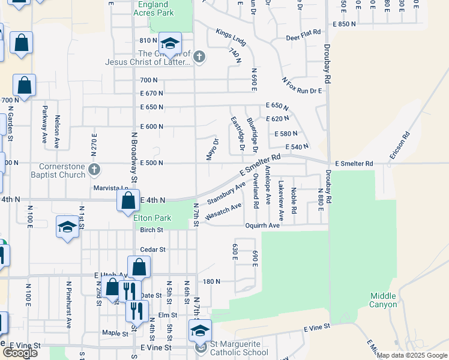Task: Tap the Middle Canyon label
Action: [x=383, y=300]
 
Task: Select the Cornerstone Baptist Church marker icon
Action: [x=94, y=170]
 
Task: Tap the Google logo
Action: [x=20, y=352]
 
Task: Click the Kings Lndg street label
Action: [x=231, y=37]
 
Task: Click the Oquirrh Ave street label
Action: [x=262, y=226]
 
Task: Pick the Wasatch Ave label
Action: [x=223, y=211]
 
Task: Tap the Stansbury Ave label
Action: [x=226, y=193]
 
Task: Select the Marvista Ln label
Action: [x=111, y=188]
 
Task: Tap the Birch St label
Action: [x=151, y=230]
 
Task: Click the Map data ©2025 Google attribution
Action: [x=412, y=355]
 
